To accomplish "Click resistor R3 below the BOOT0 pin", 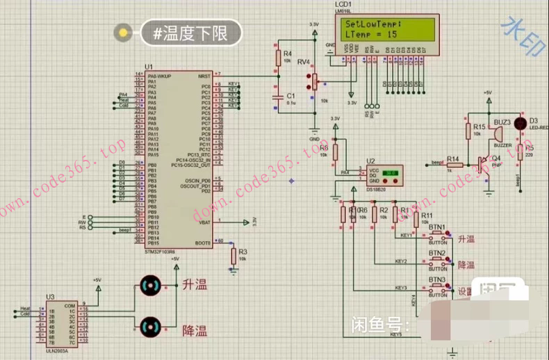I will pos(233,256).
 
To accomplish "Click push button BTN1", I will pos(437,235).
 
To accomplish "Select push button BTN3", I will pos(438,288).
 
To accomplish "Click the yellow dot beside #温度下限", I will pos(124,32).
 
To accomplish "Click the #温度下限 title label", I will pos(190,32).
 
